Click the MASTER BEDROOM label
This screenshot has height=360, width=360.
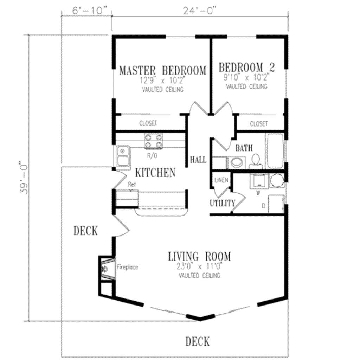(162, 70)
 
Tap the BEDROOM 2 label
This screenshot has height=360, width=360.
(246, 67)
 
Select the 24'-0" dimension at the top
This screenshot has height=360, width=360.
(200, 11)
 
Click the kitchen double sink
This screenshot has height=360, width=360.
(122, 156)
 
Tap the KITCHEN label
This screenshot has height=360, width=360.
(155, 173)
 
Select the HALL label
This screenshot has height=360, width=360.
(198, 160)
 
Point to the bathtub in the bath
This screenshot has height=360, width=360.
(275, 151)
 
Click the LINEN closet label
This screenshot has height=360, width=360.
(221, 180)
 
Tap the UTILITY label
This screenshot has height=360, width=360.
(222, 203)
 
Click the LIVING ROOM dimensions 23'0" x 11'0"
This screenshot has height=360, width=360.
(199, 267)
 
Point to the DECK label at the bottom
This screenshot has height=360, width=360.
(198, 341)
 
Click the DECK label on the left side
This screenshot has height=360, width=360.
(85, 231)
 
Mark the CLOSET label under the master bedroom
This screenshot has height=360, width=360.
(148, 123)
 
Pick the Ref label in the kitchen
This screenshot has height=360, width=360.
(132, 184)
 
